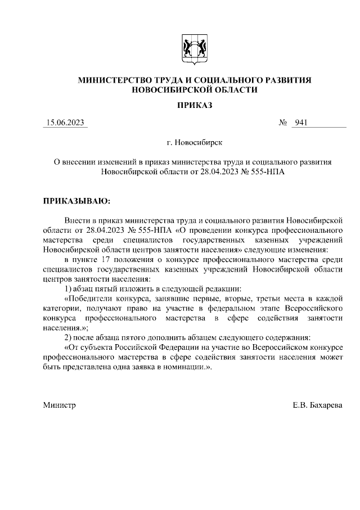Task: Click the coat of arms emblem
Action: (194, 49)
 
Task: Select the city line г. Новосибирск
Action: (194, 143)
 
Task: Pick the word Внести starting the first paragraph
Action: (76, 220)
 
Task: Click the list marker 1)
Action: (69, 288)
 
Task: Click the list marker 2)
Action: (69, 338)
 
